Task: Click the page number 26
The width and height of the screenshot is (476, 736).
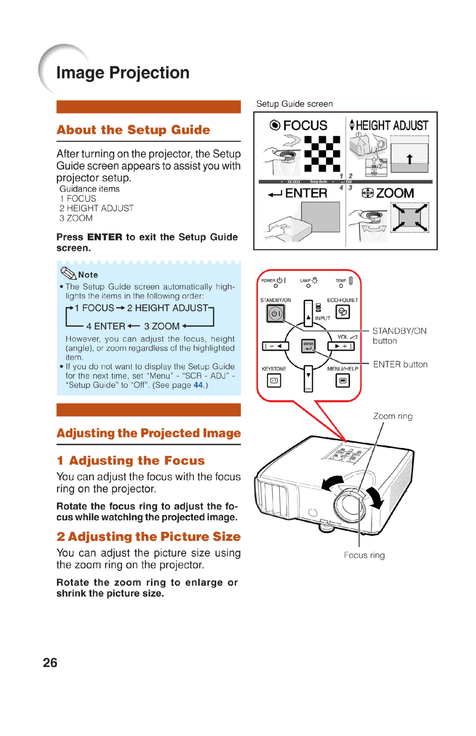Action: [x=50, y=663]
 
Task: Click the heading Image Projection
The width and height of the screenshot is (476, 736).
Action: [x=123, y=73]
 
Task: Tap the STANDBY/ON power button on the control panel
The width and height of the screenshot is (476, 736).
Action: [x=275, y=314]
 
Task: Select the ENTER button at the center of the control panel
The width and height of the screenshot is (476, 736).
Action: [x=309, y=346]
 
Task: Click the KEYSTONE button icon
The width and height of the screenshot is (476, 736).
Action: [x=274, y=380]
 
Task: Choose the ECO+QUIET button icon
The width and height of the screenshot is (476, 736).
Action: [x=342, y=312]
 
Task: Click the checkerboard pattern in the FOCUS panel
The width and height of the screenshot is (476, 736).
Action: [x=322, y=154]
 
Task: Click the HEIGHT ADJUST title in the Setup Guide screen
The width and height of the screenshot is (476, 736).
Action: [x=391, y=126]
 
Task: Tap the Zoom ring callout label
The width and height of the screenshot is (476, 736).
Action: [x=393, y=416]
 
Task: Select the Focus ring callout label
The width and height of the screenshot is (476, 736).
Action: [x=364, y=555]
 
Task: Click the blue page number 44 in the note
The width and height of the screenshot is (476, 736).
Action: [x=198, y=385]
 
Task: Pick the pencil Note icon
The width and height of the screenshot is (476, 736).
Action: [x=68, y=273]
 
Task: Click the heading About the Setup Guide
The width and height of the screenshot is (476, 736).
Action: [x=133, y=130]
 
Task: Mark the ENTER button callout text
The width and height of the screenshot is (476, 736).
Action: [x=400, y=365]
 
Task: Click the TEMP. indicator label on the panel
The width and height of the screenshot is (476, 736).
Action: [x=341, y=280]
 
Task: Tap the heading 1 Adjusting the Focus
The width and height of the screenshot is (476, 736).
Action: [x=131, y=461]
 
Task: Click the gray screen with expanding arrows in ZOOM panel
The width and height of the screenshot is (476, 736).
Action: [x=410, y=217]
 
